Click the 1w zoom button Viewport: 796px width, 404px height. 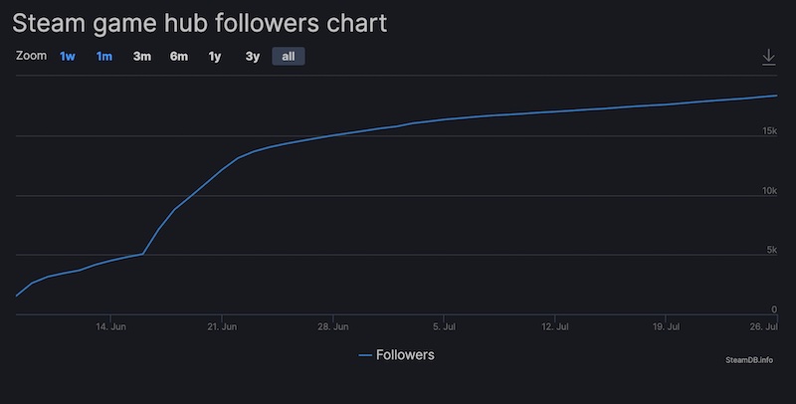pyautogui.click(x=68, y=57)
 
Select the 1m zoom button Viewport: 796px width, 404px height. pyautogui.click(x=104, y=57)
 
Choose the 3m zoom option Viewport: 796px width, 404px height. pyautogui.click(x=142, y=57)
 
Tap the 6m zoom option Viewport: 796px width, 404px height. pyautogui.click(x=179, y=57)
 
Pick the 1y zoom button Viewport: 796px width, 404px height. pyautogui.click(x=215, y=57)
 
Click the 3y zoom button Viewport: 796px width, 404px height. pyautogui.click(x=253, y=57)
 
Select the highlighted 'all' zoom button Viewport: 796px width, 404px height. pyautogui.click(x=289, y=57)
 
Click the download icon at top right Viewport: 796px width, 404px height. pyautogui.click(x=768, y=58)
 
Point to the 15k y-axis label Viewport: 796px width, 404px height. pyautogui.click(x=769, y=131)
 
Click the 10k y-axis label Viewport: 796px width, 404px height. pyautogui.click(x=769, y=191)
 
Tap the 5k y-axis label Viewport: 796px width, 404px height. pyautogui.click(x=772, y=250)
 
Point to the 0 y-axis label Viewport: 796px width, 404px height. pyautogui.click(x=774, y=309)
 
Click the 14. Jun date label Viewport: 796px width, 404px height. pyautogui.click(x=110, y=326)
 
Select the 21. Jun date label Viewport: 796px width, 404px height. pyautogui.click(x=222, y=326)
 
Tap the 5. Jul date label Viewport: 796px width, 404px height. pyautogui.click(x=445, y=326)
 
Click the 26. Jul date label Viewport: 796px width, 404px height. pyautogui.click(x=764, y=326)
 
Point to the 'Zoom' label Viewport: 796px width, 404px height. pyautogui.click(x=31, y=57)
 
